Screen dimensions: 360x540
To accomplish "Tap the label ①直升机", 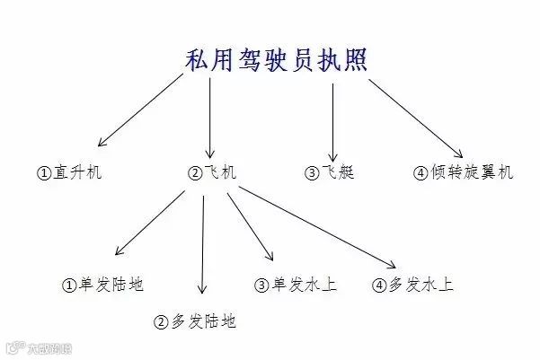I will click(x=69, y=172).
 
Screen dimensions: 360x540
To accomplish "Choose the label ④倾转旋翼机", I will click(x=463, y=172).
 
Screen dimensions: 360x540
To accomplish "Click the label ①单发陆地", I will click(x=102, y=285).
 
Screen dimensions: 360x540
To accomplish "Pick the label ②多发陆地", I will click(x=195, y=321).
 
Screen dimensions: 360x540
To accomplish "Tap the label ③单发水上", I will click(x=297, y=285).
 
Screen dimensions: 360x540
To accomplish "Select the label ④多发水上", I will click(x=412, y=285).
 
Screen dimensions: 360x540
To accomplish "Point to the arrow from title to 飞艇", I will click(x=333, y=121).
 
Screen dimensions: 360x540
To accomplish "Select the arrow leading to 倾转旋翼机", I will click(x=413, y=117).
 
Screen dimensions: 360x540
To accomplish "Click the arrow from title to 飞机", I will click(x=210, y=117).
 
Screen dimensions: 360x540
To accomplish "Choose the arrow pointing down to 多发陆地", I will click(x=202, y=242).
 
